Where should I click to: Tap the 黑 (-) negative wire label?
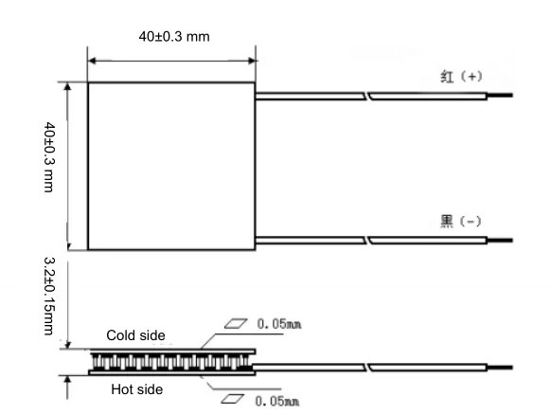pos(462,221)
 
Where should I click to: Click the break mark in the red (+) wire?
pos(366,95)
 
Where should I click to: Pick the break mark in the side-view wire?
pos(366,366)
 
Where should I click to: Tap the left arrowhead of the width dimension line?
pos(93,60)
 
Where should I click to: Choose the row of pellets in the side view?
pos(170,361)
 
